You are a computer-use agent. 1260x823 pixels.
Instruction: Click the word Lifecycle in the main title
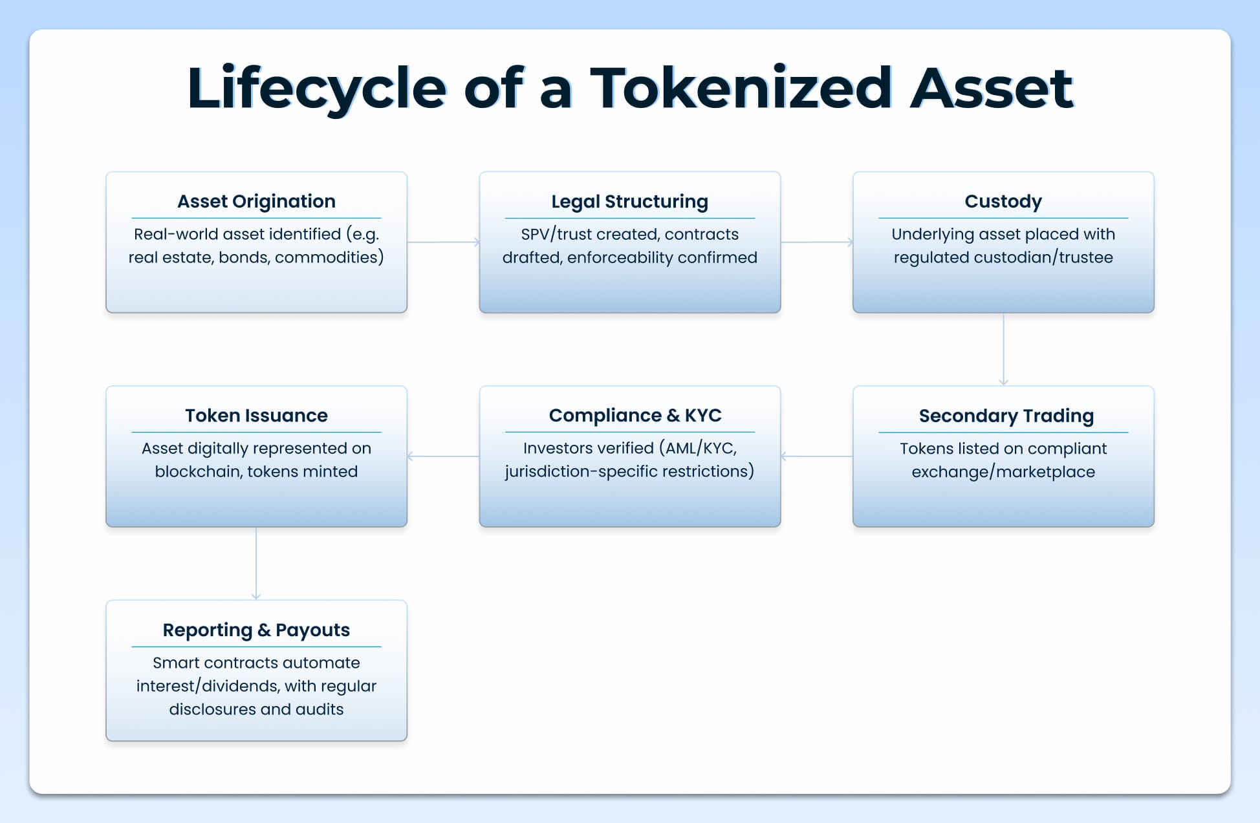[x=316, y=89]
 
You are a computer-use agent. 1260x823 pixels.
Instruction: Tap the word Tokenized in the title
[x=741, y=89]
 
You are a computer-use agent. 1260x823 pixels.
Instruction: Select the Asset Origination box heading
[x=256, y=201]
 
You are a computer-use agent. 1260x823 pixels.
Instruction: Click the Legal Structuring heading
[x=629, y=201]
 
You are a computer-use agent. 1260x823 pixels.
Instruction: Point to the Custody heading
[x=1003, y=201]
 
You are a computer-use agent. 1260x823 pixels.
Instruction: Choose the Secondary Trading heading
[x=1006, y=416]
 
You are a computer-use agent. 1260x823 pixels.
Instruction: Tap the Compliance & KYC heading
[x=635, y=415]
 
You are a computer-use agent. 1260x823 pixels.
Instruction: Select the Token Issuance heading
[x=256, y=415]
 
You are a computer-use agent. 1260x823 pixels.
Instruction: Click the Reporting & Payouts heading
[x=256, y=630]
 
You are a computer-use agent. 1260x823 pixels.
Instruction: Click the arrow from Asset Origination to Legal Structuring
[x=443, y=242]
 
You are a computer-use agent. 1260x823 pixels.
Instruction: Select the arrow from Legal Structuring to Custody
[x=816, y=242]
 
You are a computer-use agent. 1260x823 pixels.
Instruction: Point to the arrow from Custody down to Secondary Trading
[x=1003, y=349]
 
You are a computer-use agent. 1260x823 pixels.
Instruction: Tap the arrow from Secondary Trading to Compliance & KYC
[x=816, y=456]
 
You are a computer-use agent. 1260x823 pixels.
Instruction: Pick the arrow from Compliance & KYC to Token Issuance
[x=443, y=456]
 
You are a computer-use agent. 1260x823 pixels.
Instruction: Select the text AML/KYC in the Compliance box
[x=700, y=448]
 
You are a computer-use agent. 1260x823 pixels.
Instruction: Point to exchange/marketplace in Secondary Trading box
[x=1003, y=472]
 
